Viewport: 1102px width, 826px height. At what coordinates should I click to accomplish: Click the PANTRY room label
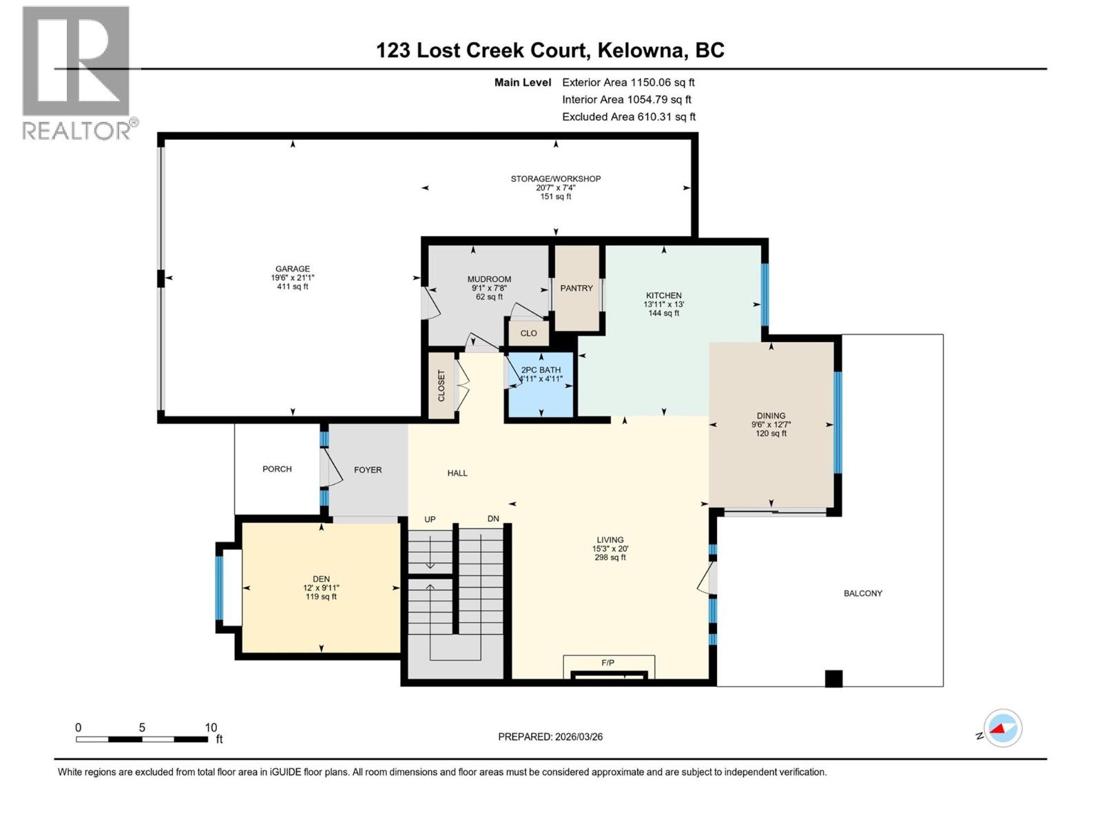click(x=576, y=288)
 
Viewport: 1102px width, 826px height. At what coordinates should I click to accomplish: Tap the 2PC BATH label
click(x=541, y=370)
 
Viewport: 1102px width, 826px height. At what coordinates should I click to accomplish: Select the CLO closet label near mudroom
click(x=528, y=333)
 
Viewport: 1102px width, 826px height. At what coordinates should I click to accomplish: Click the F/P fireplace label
click(x=607, y=663)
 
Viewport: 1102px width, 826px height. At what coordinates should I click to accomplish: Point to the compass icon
click(x=1003, y=728)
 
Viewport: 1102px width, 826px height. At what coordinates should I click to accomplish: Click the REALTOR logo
click(x=76, y=72)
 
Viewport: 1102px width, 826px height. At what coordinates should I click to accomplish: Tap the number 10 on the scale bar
click(x=211, y=728)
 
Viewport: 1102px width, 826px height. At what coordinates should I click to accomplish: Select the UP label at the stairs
click(x=430, y=520)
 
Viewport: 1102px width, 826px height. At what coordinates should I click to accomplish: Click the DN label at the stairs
click(x=493, y=519)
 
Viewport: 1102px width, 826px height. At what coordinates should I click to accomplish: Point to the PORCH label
click(x=277, y=469)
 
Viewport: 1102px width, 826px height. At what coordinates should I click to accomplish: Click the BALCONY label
click(x=862, y=593)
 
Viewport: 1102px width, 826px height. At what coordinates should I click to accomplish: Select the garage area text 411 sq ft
click(x=293, y=286)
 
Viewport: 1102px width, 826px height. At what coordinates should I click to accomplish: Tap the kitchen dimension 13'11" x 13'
click(x=663, y=304)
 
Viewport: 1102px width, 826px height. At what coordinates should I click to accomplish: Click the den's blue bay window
click(x=220, y=588)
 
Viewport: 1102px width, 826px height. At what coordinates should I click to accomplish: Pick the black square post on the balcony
click(x=833, y=679)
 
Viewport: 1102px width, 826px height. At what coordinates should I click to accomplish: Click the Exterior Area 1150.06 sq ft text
click(x=628, y=83)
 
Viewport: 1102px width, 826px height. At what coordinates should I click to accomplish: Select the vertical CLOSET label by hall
click(x=441, y=385)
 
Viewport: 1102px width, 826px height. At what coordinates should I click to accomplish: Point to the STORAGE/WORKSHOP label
click(x=555, y=179)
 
